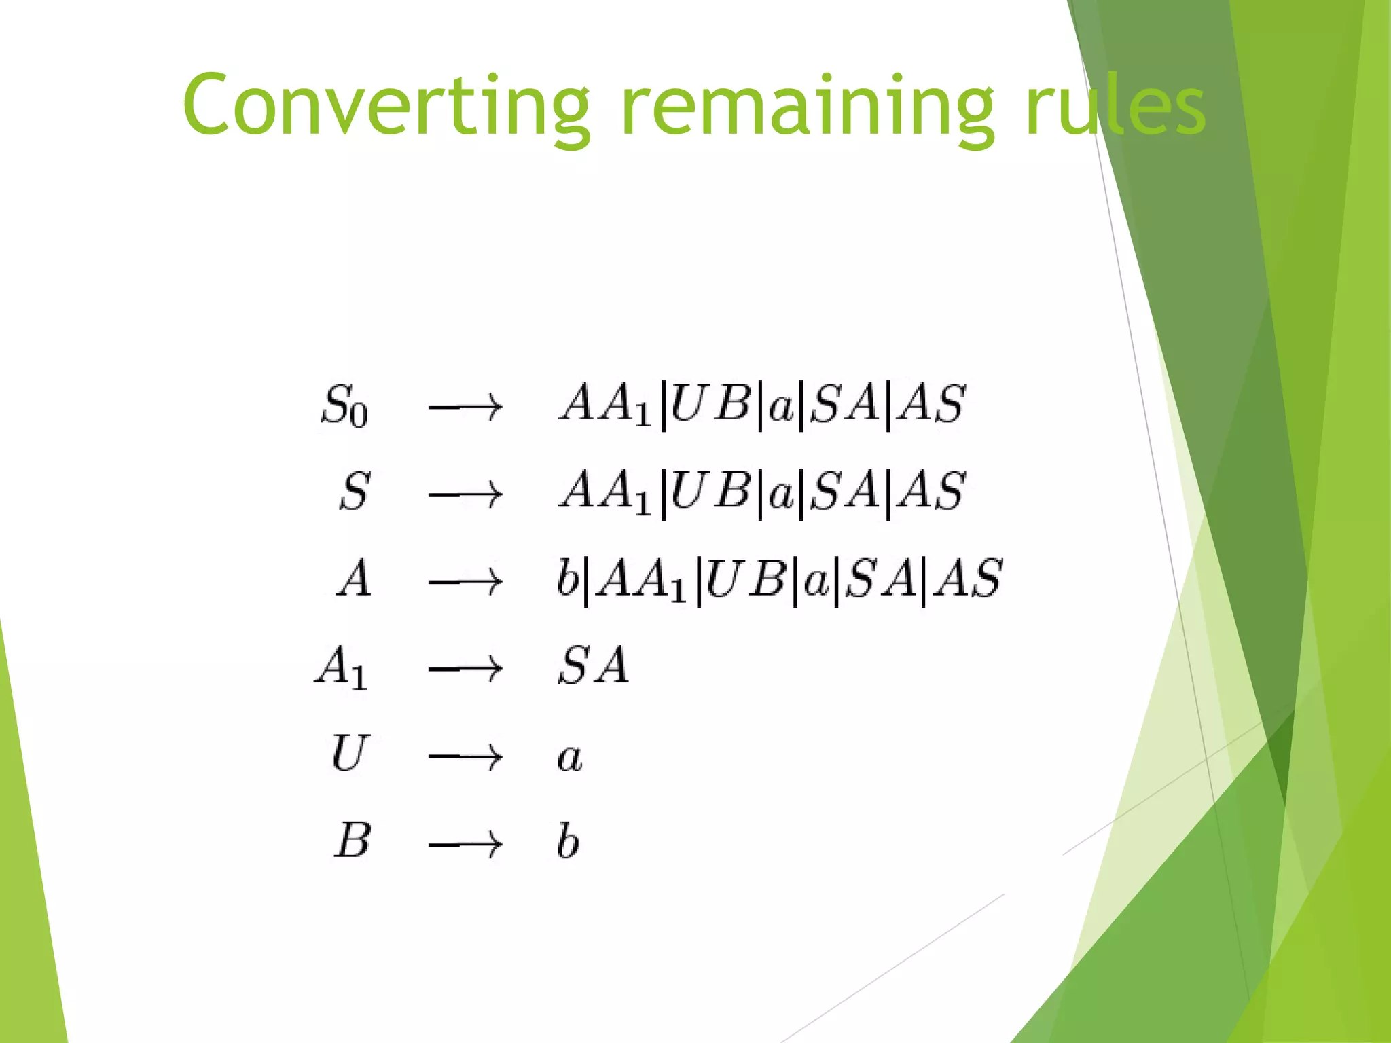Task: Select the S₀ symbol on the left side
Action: point(344,405)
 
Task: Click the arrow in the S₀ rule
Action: point(465,407)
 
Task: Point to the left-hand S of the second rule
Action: point(355,492)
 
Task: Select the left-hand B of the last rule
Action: point(353,841)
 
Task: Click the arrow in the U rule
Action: point(465,756)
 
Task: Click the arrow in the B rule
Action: point(465,844)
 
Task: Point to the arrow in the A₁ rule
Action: point(465,670)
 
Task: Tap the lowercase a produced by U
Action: point(570,758)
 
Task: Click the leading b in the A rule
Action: point(567,578)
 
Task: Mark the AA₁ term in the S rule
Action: point(605,492)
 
